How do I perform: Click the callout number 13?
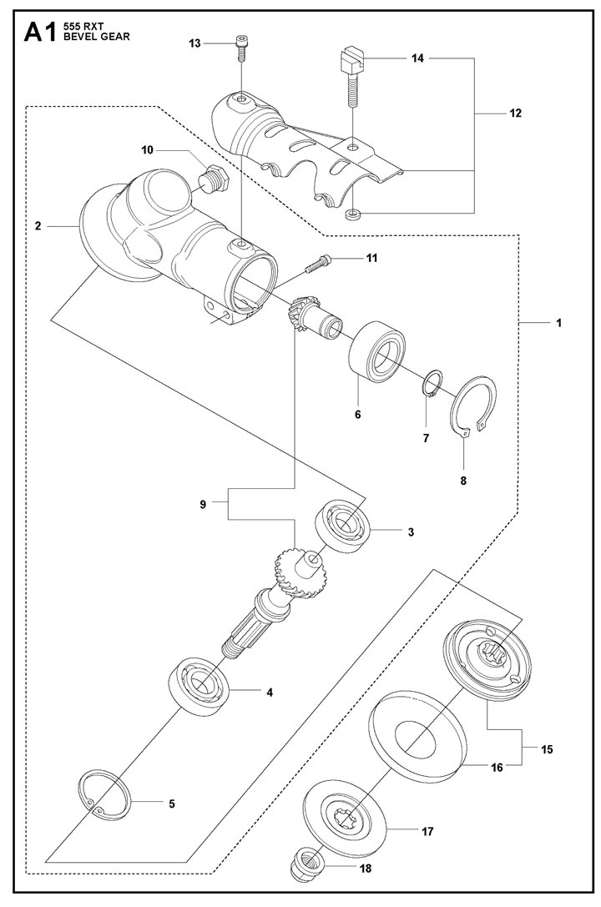pos(194,43)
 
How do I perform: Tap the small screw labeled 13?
pos(242,48)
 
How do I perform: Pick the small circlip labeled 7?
pos(432,384)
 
